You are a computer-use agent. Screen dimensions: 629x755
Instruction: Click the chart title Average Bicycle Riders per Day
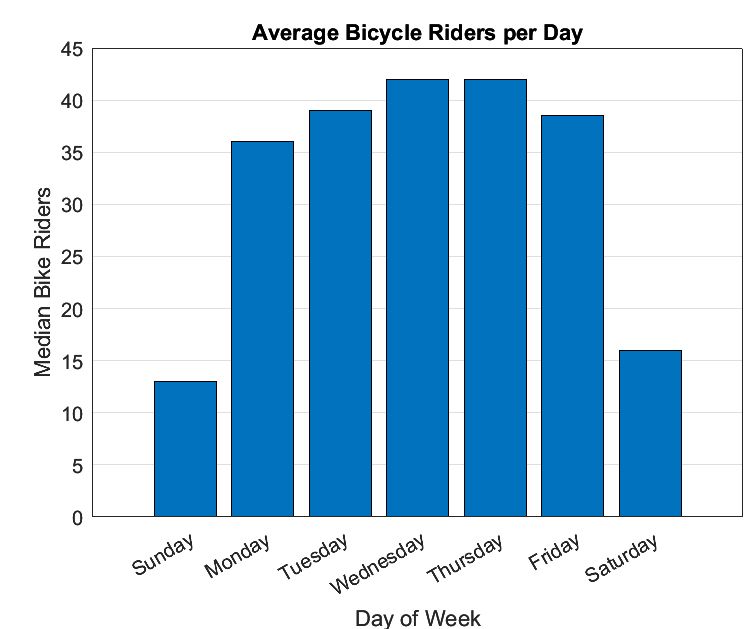pos(417,33)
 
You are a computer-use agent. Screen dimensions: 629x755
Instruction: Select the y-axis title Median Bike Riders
pos(43,281)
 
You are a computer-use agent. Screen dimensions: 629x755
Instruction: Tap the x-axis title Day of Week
pos(417,617)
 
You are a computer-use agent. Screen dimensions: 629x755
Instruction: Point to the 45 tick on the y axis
pos(72,49)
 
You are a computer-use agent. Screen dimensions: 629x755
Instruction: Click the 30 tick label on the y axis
pos(72,205)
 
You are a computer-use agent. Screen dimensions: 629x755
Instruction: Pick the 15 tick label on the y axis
pos(72,361)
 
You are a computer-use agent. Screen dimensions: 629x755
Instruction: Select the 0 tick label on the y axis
pos(78,517)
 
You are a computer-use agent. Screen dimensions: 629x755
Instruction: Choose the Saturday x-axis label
pos(623,558)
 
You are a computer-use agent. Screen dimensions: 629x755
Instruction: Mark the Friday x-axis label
pos(555,552)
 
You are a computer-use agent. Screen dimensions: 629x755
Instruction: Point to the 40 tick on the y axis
pos(72,101)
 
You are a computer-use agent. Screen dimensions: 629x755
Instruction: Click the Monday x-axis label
pos(238,556)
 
